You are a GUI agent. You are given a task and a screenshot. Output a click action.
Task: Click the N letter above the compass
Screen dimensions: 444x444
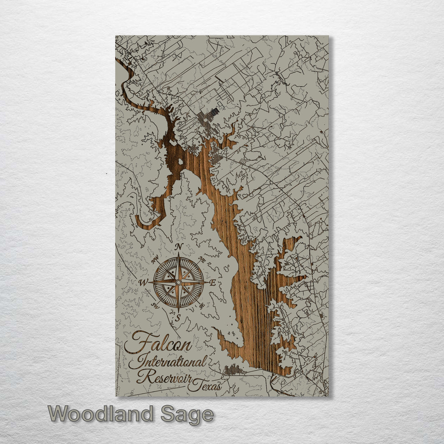click(x=179, y=247)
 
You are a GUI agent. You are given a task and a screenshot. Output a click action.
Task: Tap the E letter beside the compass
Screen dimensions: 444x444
click(x=213, y=282)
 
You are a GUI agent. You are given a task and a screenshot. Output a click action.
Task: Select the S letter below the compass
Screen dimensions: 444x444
click(x=178, y=317)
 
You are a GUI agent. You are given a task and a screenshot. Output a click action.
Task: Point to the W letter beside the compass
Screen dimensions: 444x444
click(x=143, y=282)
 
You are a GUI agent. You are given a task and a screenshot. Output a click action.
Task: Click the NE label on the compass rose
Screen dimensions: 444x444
click(x=201, y=260)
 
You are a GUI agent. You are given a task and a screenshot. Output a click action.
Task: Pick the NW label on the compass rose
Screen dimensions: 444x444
click(x=155, y=260)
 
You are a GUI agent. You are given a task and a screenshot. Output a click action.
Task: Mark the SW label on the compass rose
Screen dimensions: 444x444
click(x=155, y=305)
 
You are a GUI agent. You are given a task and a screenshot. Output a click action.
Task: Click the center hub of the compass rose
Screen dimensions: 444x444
click(x=178, y=282)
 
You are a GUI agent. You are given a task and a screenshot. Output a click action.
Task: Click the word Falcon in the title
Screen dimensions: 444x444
click(x=158, y=343)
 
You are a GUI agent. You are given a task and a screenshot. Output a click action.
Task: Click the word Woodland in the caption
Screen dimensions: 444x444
click(x=101, y=414)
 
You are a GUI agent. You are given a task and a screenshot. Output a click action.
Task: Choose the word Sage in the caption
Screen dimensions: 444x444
click(x=187, y=414)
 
